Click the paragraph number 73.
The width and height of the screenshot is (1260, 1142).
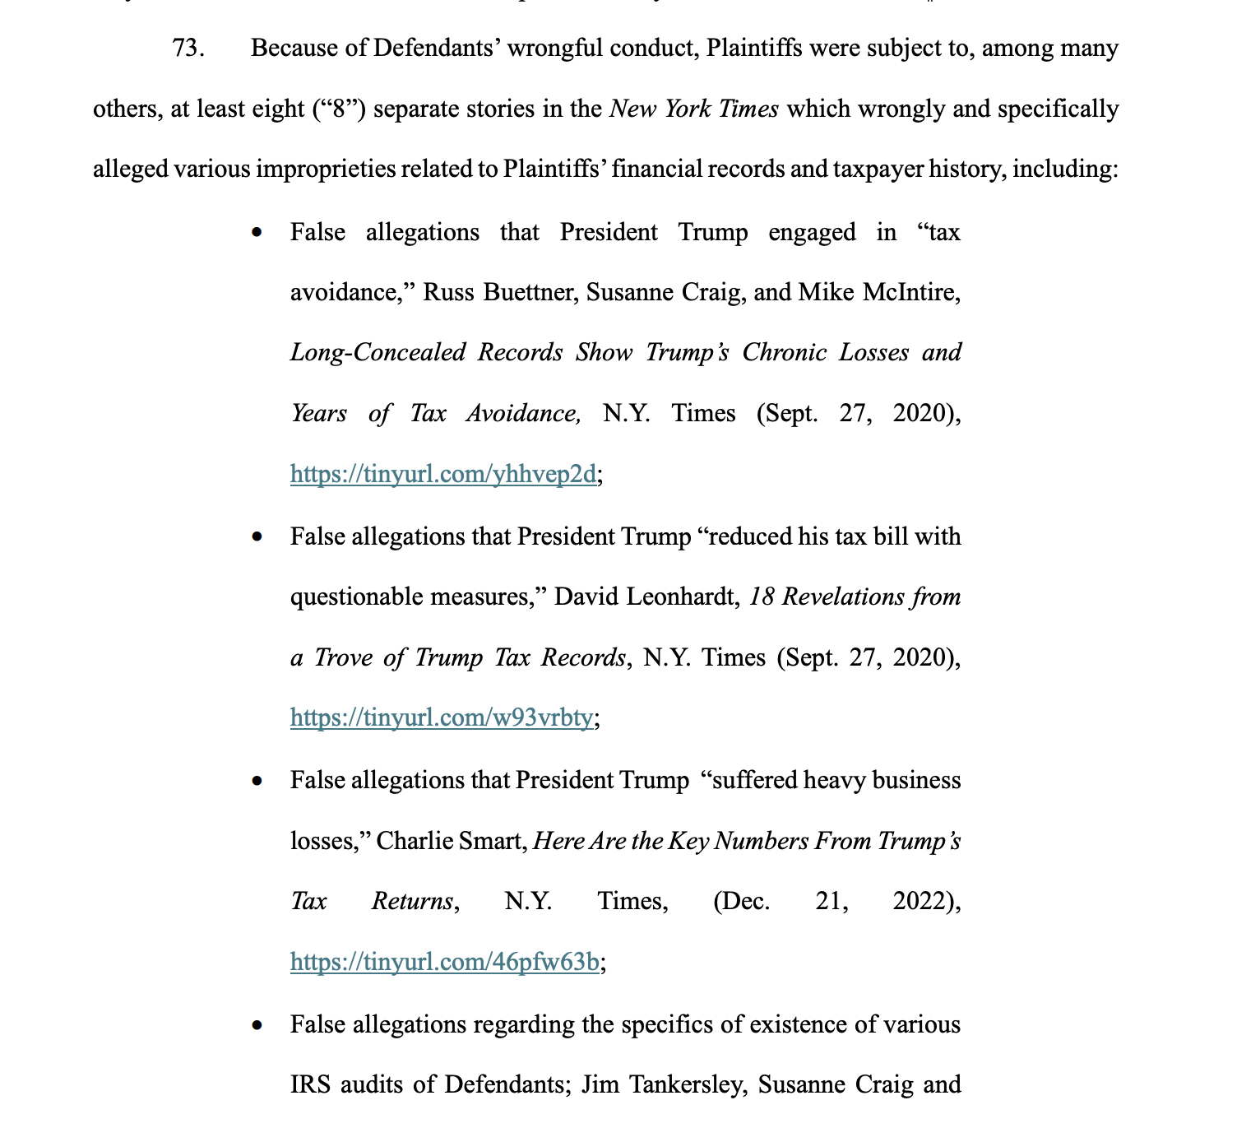[x=187, y=49]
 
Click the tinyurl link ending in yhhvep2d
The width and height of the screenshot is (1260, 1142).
[x=442, y=474]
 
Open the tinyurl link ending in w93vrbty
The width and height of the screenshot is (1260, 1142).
[x=441, y=717]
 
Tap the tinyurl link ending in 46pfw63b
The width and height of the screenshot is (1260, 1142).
[x=444, y=961]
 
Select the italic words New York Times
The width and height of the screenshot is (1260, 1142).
[x=693, y=109]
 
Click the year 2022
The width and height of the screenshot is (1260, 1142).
[x=923, y=901]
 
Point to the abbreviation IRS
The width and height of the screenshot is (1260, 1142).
[x=310, y=1084]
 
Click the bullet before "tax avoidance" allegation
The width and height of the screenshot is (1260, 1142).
[x=258, y=233]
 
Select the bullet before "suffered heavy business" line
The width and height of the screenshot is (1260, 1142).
[x=258, y=780]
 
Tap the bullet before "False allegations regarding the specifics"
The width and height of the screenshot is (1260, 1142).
[x=258, y=1024]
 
